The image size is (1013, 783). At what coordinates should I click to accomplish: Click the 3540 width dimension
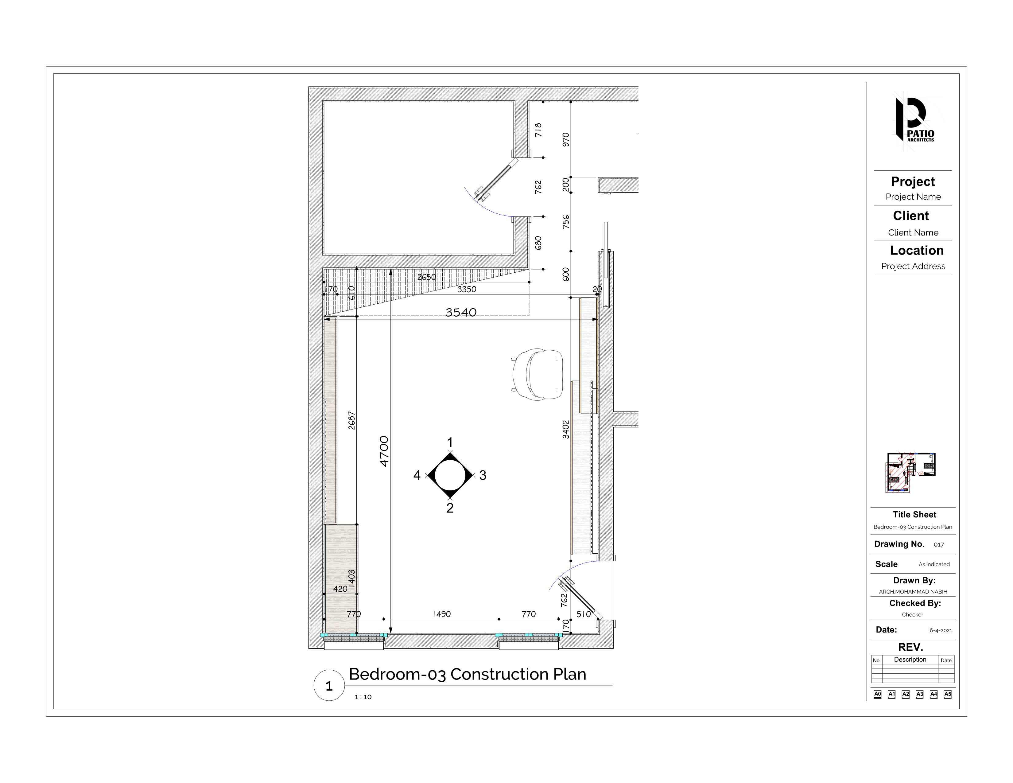(x=460, y=313)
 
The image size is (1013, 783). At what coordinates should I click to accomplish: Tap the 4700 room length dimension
(x=384, y=451)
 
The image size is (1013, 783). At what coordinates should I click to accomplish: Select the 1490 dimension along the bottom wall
(x=441, y=614)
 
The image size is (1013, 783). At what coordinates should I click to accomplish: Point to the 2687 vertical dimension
(x=351, y=420)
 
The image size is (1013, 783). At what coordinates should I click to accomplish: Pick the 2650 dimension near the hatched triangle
(x=426, y=277)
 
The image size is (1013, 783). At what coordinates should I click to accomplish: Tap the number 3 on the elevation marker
(x=483, y=475)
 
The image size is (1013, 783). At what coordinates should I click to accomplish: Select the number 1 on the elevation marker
(x=449, y=442)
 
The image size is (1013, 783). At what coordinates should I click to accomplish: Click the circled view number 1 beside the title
(x=329, y=686)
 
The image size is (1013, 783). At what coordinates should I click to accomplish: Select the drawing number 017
(x=939, y=545)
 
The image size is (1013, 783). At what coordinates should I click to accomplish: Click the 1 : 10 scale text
(x=363, y=697)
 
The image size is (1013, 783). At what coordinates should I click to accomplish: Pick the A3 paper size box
(x=920, y=694)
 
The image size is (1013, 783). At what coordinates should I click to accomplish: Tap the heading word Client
(x=911, y=216)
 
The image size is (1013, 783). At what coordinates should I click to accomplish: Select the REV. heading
(x=910, y=647)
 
